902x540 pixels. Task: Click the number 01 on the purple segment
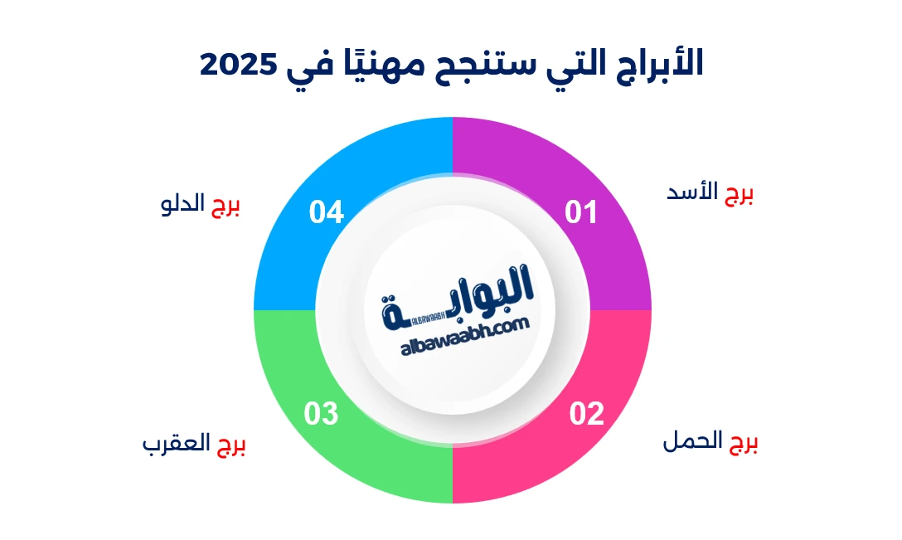point(581,213)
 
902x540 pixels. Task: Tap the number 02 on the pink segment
point(586,413)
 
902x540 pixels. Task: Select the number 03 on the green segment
point(321,413)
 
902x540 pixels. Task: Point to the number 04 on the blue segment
point(326,213)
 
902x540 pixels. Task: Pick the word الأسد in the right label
point(695,193)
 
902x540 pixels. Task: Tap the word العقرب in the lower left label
point(177,445)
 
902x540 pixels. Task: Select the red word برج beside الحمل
point(744,444)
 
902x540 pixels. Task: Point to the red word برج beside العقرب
point(231,446)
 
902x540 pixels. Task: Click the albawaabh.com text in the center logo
point(464,328)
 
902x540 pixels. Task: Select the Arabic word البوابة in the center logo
point(460,293)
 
